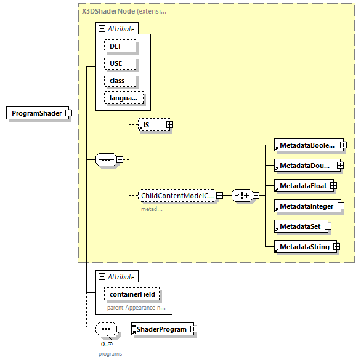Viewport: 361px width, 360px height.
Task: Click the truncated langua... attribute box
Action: coord(124,98)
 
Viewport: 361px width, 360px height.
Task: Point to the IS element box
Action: coord(150,125)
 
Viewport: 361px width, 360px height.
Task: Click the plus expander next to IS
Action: coord(169,125)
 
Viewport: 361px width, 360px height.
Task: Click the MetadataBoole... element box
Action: coord(306,145)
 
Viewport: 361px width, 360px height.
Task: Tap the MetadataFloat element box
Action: coord(301,185)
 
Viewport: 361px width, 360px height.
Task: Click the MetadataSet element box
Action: coord(299,226)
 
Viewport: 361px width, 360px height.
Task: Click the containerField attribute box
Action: coord(132,294)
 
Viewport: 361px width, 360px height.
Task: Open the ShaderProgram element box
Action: coord(161,329)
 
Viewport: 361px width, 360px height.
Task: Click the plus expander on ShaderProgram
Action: coord(193,329)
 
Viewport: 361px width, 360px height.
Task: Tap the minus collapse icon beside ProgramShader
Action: coord(69,113)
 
